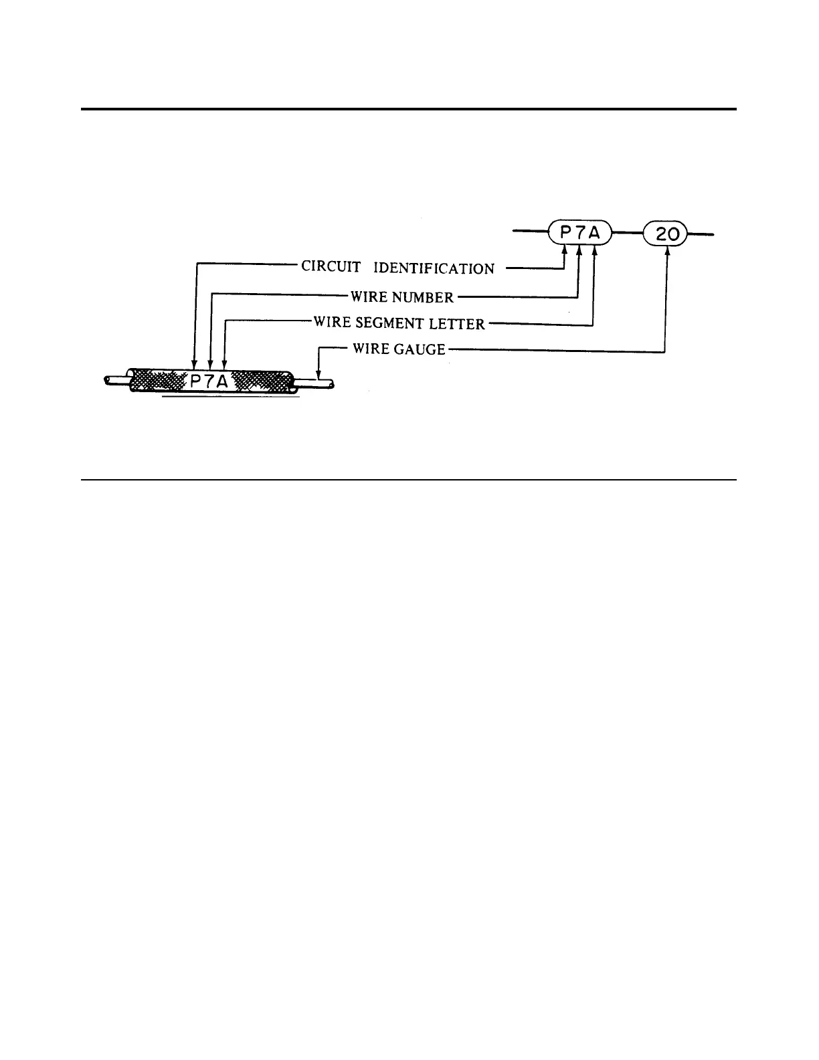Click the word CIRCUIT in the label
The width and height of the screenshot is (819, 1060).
pos(331,266)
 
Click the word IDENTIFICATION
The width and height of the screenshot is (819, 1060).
pos(434,268)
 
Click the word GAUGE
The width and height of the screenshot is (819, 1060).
pos(420,349)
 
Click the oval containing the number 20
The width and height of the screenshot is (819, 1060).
pos(665,234)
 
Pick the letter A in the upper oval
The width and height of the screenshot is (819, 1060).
pos(594,234)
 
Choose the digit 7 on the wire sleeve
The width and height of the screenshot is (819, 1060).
pos(210,382)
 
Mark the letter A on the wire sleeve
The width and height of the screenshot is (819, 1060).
pos(225,382)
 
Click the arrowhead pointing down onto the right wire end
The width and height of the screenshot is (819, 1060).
pos(318,376)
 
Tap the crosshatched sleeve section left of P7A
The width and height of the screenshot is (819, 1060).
pos(158,381)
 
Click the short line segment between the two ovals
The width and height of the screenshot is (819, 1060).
pos(628,234)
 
